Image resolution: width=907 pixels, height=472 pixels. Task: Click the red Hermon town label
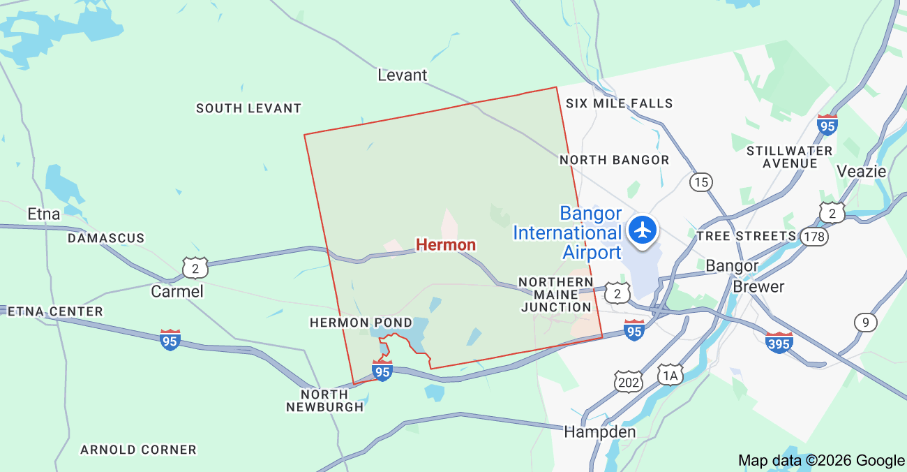pyautogui.click(x=446, y=244)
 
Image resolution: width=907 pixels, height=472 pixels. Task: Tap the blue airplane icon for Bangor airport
pyautogui.click(x=642, y=229)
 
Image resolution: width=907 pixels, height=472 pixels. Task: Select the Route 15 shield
pyautogui.click(x=700, y=183)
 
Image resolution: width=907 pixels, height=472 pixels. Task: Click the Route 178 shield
pyautogui.click(x=814, y=236)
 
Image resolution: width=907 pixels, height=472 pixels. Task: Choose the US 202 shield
pyautogui.click(x=629, y=381)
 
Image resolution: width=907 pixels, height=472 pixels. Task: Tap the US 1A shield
pyautogui.click(x=670, y=376)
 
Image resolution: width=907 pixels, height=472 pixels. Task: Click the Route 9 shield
pyautogui.click(x=865, y=322)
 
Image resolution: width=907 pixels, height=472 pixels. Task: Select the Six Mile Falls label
pyautogui.click(x=619, y=103)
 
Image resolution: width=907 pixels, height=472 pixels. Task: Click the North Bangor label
pyautogui.click(x=614, y=160)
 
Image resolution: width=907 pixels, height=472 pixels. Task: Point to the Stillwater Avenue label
pyautogui.click(x=790, y=157)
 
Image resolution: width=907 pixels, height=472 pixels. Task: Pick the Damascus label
pyautogui.click(x=106, y=238)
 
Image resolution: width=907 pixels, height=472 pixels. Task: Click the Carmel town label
pyautogui.click(x=177, y=291)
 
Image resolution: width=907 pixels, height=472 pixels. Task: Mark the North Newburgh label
pyautogui.click(x=325, y=401)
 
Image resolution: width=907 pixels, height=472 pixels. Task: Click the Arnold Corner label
pyautogui.click(x=138, y=450)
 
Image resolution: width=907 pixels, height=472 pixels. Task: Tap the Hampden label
pyautogui.click(x=599, y=432)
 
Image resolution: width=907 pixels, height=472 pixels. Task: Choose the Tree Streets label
pyautogui.click(x=746, y=236)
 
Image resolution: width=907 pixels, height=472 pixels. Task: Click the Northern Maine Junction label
pyautogui.click(x=556, y=295)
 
